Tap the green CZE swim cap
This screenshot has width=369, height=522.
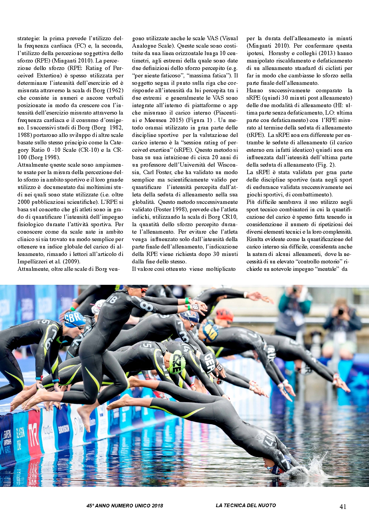tap(177, 363)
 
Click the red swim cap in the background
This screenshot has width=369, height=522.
tap(224, 315)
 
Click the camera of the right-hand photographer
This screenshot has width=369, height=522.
tap(341, 312)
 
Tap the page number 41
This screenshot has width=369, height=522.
tap(343, 507)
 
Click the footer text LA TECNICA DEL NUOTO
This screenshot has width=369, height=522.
tap(246, 505)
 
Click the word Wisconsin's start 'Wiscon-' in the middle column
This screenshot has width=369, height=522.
tap(228, 165)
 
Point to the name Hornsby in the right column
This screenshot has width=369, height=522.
tap(281, 53)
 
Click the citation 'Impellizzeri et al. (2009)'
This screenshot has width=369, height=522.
tap(49, 262)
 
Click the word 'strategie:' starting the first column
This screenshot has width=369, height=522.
tap(29, 38)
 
